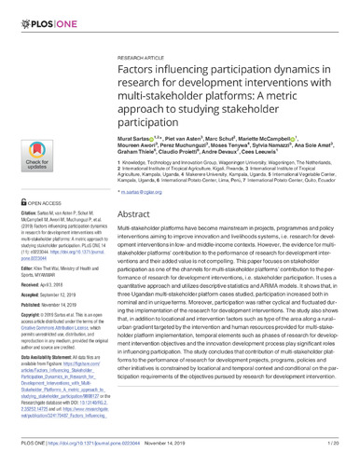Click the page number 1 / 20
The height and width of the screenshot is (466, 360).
pos(335,453)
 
